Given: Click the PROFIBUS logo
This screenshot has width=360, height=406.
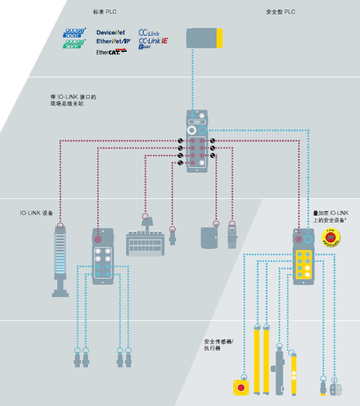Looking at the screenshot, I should point(75,32).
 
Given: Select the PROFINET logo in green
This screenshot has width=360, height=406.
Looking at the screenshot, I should point(75,43).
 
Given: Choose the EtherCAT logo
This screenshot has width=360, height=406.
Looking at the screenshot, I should point(111,52).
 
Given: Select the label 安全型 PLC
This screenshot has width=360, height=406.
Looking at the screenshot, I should point(280,12).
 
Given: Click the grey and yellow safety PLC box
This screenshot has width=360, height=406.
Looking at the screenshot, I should point(205,38).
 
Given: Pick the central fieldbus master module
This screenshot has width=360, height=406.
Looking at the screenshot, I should point(198,141).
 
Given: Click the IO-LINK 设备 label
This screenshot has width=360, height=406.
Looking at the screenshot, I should point(36,213).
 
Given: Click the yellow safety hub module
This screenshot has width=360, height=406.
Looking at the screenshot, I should point(303,256).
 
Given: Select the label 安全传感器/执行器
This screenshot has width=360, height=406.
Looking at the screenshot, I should point(219,345).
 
